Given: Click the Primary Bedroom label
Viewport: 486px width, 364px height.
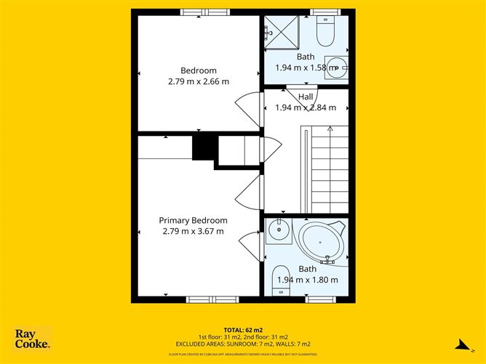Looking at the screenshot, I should pos(194,220).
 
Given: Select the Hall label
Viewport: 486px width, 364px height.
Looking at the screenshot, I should pos(306,96).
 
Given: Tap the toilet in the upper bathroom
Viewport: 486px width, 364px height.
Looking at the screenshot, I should pos(325,31).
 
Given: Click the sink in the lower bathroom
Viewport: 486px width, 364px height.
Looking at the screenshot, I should pos(276,232).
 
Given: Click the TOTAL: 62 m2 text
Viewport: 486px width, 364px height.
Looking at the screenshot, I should pos(242,329).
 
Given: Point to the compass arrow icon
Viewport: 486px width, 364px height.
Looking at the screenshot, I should pos(460,345).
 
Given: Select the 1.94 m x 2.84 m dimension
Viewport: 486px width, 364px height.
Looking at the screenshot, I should pos(306,108).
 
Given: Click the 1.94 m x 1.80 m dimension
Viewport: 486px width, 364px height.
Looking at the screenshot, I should pos(306,280).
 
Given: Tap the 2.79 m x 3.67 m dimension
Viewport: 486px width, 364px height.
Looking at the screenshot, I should pos(194,231).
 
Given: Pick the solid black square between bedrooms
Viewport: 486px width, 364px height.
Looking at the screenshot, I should pos(202,147).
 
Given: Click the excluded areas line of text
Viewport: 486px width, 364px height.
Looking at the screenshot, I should pos(242,344).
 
